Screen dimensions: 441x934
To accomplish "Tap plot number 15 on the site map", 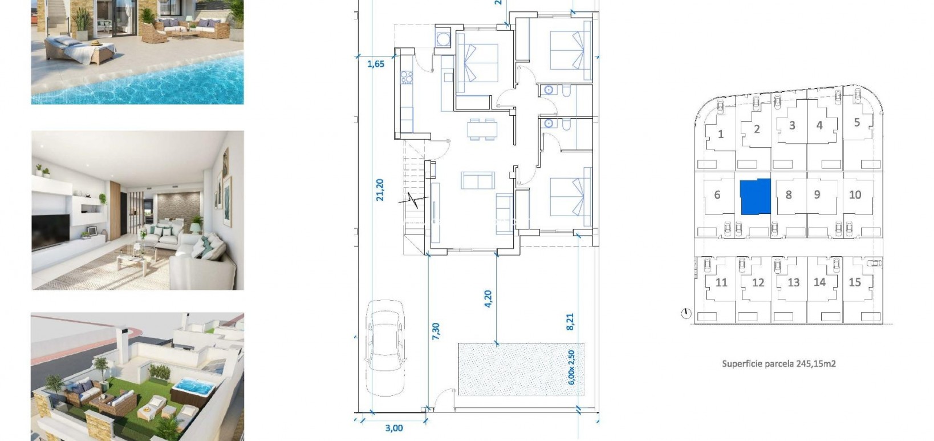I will click(x=854, y=282).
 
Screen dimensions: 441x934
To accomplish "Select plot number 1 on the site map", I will click(x=721, y=135).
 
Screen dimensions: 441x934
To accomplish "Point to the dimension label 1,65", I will click(x=376, y=64).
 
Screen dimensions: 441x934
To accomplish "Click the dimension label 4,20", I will click(x=488, y=300).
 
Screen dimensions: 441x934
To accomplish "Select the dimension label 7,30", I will click(x=436, y=331).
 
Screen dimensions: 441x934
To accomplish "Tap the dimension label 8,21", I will click(x=570, y=321).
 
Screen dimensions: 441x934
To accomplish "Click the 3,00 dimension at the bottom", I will click(x=393, y=428).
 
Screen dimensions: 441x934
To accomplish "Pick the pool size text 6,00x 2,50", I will click(x=572, y=367).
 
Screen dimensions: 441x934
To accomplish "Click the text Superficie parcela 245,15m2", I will click(x=779, y=363).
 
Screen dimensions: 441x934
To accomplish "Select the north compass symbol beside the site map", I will click(x=685, y=313).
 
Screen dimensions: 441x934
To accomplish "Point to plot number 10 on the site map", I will click(x=855, y=195).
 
